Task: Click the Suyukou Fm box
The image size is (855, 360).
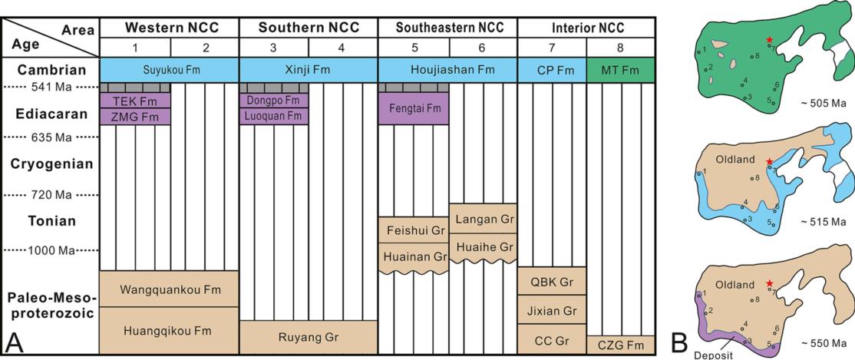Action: click(169, 70)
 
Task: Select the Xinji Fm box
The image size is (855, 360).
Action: click(309, 70)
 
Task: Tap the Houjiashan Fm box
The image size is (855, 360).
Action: click(448, 70)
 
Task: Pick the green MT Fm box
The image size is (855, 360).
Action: click(620, 70)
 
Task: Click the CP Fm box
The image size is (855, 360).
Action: click(551, 70)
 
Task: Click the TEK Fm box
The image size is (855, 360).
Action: click(135, 101)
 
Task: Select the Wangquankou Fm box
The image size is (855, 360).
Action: click(169, 289)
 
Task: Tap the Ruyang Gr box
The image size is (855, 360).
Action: click(309, 337)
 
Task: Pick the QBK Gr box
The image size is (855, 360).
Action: click(551, 281)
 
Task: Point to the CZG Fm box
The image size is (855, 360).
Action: click(620, 345)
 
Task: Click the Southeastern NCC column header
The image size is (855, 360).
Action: click(448, 28)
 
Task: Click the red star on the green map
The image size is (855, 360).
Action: click(769, 40)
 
